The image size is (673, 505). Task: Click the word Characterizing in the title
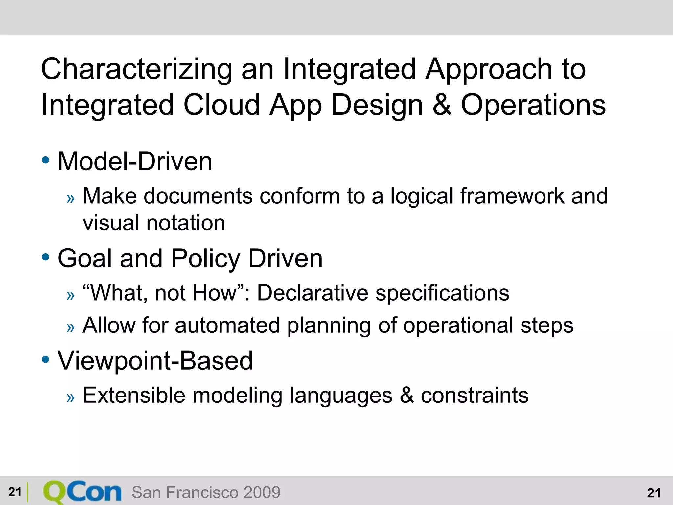(x=136, y=70)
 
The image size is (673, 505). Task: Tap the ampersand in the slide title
(x=442, y=105)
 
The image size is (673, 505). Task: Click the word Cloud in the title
(x=221, y=105)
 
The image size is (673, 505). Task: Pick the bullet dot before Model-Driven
(x=46, y=160)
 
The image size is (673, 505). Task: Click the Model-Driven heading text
(x=135, y=162)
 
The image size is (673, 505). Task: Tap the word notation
(x=186, y=223)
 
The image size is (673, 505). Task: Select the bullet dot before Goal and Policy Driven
(x=46, y=257)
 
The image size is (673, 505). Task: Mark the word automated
(x=227, y=325)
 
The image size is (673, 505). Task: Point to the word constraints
(x=475, y=395)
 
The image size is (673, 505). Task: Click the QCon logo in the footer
(x=82, y=492)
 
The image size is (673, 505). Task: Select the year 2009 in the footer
(x=262, y=493)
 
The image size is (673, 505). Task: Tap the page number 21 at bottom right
(x=653, y=493)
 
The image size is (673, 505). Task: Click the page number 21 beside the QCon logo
(x=15, y=492)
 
